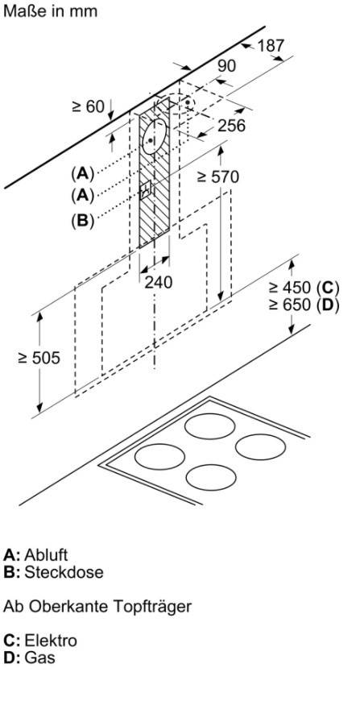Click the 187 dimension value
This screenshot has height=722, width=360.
tap(271, 46)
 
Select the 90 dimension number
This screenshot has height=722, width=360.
tap(226, 66)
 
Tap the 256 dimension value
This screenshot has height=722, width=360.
tap(232, 125)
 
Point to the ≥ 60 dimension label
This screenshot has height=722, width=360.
tap(88, 106)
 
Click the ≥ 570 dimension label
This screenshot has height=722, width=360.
tap(217, 176)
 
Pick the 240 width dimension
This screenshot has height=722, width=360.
tap(159, 282)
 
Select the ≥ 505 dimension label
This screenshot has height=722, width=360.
tap(39, 358)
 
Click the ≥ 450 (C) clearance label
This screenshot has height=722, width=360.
tap(304, 288)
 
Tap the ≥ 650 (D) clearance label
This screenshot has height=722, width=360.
tap(304, 305)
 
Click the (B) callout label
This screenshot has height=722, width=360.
tap(82, 221)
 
